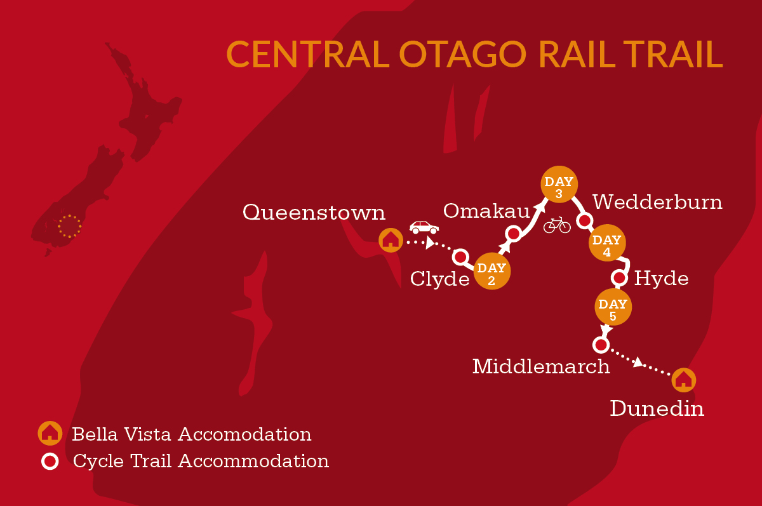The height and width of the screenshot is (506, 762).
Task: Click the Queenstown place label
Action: tap(314, 212)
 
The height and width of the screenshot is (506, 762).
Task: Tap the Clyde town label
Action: tap(440, 279)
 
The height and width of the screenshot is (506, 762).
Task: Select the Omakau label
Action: tap(486, 211)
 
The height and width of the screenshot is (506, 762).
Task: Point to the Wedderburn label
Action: tap(657, 202)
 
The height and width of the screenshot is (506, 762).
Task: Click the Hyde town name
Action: tap(661, 279)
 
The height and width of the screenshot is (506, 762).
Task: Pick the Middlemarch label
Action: tap(541, 366)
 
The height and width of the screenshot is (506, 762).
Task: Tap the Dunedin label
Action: tap(657, 408)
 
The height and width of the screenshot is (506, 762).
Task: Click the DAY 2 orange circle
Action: tap(492, 271)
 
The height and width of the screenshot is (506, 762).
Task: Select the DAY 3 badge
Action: tap(559, 184)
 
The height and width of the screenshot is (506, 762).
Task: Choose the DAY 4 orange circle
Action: tap(607, 243)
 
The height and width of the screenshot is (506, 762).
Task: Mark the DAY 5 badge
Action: tap(613, 307)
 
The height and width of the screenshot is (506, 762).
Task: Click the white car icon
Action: tap(424, 227)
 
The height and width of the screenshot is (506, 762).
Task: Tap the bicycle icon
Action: tap(557, 225)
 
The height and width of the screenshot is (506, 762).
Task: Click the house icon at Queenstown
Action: tap(391, 240)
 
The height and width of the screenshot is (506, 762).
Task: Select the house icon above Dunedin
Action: tap(684, 380)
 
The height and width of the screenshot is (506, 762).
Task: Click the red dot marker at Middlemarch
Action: tap(601, 345)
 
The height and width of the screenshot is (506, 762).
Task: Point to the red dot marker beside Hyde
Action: tap(619, 278)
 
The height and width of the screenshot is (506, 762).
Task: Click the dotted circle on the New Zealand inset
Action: tap(70, 227)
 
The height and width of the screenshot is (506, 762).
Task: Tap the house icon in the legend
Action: tap(50, 433)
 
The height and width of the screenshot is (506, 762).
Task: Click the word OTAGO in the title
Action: tap(463, 55)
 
